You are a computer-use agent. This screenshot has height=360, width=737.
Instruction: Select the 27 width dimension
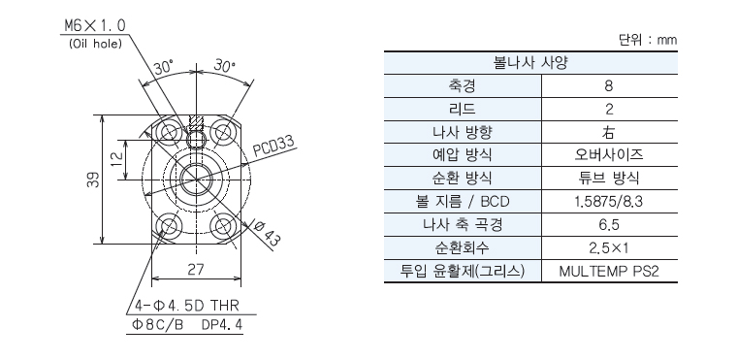[x=196, y=270]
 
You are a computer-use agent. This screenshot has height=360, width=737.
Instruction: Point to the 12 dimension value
[x=118, y=159]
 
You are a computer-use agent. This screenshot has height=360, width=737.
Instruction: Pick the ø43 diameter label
[x=267, y=233]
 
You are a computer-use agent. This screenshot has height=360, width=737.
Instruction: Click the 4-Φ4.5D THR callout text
[x=187, y=306]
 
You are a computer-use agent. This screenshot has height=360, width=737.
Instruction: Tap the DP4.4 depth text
[x=222, y=325]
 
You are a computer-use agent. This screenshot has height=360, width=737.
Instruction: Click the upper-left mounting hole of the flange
[x=169, y=131]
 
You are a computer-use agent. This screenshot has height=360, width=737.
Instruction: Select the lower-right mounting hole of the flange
[x=222, y=227]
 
